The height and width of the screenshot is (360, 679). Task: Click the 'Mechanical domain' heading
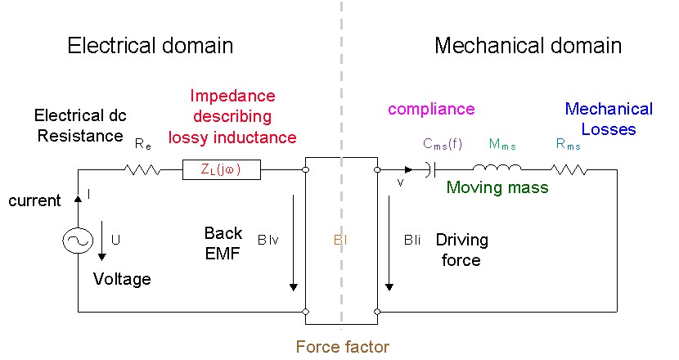coord(528,45)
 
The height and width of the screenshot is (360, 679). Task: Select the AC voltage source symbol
coord(78,241)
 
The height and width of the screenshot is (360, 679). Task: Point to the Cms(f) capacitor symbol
coord(431,170)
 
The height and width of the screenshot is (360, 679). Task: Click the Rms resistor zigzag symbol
coord(569,170)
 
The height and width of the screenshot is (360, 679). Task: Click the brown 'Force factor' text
coord(342,346)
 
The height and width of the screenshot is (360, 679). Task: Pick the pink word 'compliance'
coord(431,109)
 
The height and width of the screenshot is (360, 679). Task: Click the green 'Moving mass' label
coord(497,188)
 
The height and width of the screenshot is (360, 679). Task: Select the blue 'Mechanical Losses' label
coord(609,119)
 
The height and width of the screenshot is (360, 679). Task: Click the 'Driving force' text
coord(461,250)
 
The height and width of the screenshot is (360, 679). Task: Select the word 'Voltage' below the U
coord(122,279)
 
